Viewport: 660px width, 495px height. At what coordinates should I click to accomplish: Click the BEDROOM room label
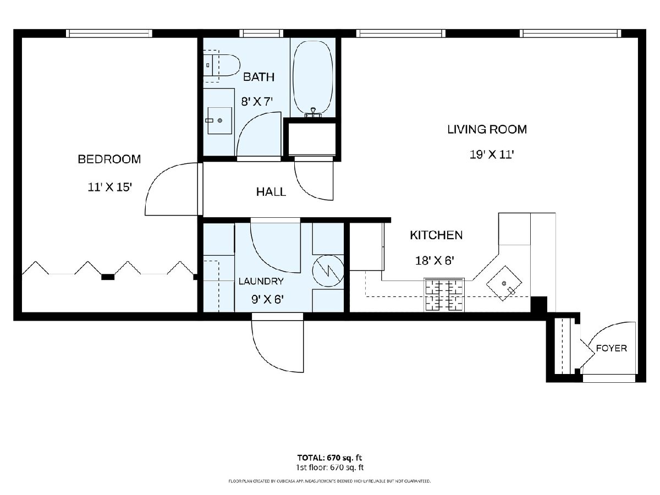(x=109, y=159)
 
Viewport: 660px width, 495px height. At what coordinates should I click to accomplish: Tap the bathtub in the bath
(x=313, y=78)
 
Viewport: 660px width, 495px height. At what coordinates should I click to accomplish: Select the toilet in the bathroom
(x=222, y=65)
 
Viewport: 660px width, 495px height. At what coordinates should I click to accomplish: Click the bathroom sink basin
(x=220, y=120)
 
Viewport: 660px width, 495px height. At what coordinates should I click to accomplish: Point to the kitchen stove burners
(x=444, y=295)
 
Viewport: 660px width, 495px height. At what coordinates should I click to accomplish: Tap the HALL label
(x=271, y=192)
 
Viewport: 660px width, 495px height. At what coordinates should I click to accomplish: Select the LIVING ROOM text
(x=487, y=130)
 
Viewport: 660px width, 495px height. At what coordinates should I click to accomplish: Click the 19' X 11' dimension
(x=492, y=155)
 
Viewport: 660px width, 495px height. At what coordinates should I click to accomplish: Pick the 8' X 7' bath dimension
(x=257, y=102)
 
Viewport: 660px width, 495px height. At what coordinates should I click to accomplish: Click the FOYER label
(x=611, y=348)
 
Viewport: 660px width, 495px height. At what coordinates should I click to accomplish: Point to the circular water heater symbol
(x=328, y=271)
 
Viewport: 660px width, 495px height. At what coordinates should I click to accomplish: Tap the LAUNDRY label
(x=261, y=281)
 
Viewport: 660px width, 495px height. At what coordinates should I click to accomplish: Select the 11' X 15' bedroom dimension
(x=110, y=187)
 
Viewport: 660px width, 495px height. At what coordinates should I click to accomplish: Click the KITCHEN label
(x=436, y=235)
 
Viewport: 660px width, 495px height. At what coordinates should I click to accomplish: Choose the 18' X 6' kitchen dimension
(x=435, y=261)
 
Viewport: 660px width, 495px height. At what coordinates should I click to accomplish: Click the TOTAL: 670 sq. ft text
(x=329, y=458)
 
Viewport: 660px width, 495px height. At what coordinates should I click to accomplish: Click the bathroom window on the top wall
(x=261, y=34)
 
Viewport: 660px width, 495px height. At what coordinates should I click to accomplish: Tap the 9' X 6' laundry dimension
(x=268, y=299)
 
